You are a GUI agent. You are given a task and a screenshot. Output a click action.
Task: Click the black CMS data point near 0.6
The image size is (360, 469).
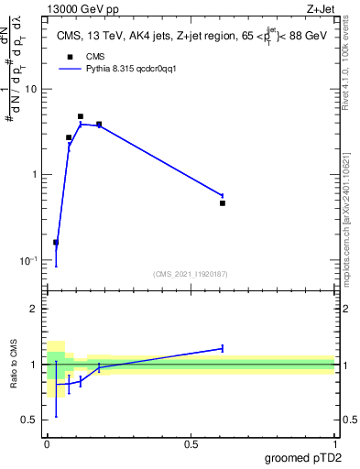click(x=223, y=202)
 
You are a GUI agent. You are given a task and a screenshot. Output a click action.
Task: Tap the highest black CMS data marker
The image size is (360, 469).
click(x=81, y=116)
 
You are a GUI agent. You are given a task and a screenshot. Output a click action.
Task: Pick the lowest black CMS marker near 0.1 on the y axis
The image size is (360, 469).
click(x=56, y=243)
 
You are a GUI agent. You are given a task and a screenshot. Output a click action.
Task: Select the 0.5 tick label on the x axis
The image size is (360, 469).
click(x=191, y=443)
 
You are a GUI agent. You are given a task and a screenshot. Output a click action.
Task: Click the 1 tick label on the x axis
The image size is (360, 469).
click(x=334, y=443)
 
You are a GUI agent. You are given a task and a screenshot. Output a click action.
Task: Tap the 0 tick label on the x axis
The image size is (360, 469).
click(x=47, y=443)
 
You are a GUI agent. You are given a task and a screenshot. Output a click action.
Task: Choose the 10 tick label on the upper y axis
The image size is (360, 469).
click(x=31, y=89)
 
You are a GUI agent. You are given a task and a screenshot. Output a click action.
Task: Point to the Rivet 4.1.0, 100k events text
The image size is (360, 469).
click(x=345, y=66)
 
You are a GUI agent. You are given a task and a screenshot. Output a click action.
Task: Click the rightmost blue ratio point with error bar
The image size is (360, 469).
click(x=223, y=348)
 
